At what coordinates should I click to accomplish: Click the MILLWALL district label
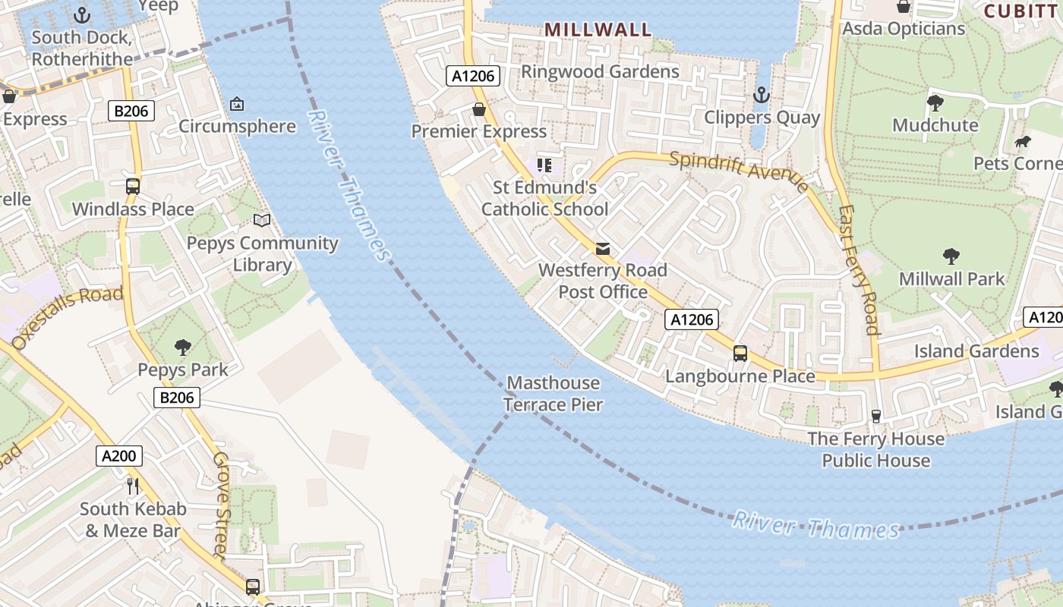tap(598, 30)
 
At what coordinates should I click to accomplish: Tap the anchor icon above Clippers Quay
tap(760, 95)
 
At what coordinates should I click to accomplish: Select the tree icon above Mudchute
tap(935, 102)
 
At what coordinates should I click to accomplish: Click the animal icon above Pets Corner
tap(1023, 142)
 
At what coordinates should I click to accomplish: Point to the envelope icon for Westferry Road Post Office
tap(603, 248)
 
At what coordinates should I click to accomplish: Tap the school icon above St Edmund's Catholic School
tap(544, 165)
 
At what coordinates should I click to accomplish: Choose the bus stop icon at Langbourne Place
tap(740, 354)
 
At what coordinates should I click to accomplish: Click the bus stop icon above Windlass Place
tap(133, 186)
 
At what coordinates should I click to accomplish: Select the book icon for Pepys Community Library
tap(262, 220)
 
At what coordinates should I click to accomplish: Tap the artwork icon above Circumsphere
tap(237, 103)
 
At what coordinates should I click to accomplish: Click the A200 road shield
tap(119, 456)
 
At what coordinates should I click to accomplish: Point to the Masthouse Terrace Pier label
tap(554, 394)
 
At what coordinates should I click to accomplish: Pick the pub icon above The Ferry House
tap(875, 416)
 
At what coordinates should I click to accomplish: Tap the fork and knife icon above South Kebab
tap(133, 486)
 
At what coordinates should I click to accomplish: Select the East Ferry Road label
tap(859, 269)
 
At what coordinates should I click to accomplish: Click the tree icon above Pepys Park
tap(182, 348)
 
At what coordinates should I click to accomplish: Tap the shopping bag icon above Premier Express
tap(479, 110)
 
